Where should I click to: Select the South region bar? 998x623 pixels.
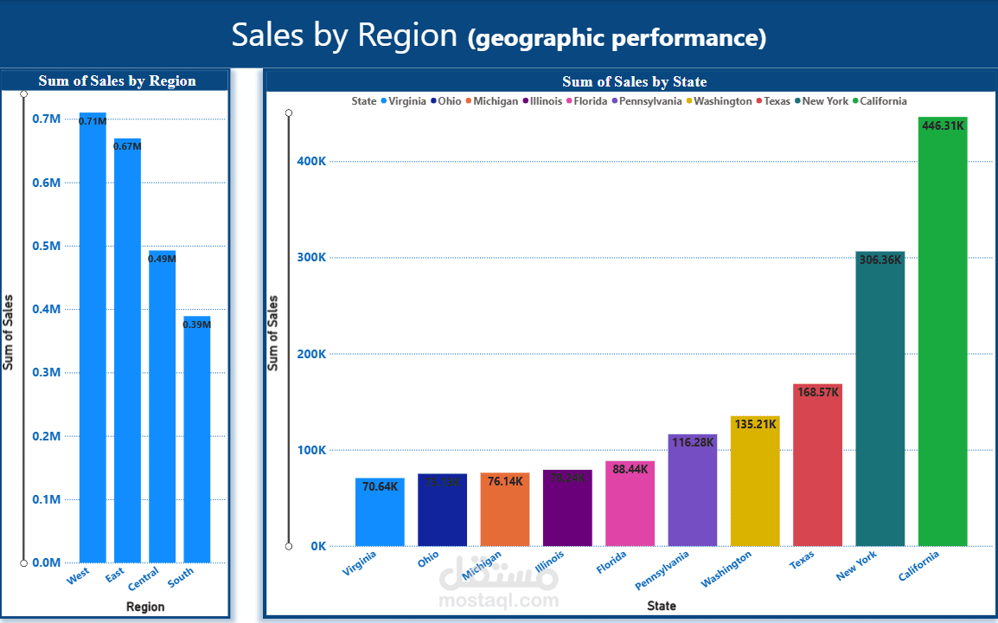point(196,441)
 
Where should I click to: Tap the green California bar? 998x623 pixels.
point(943,337)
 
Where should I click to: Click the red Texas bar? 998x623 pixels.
point(817,467)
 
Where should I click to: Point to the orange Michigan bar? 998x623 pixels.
point(504,511)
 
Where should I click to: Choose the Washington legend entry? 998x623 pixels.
point(722,101)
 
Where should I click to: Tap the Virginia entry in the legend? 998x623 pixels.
point(406,101)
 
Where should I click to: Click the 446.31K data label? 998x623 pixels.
point(943,125)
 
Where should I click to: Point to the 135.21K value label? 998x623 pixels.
point(755,425)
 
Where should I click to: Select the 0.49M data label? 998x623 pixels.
point(162,259)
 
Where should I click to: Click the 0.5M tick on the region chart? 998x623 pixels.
point(47,246)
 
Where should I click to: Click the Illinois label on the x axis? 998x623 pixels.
point(550,566)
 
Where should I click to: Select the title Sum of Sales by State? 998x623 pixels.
point(634,81)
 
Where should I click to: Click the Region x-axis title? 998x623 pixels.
point(145,607)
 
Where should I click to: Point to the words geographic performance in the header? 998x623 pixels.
point(617,38)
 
